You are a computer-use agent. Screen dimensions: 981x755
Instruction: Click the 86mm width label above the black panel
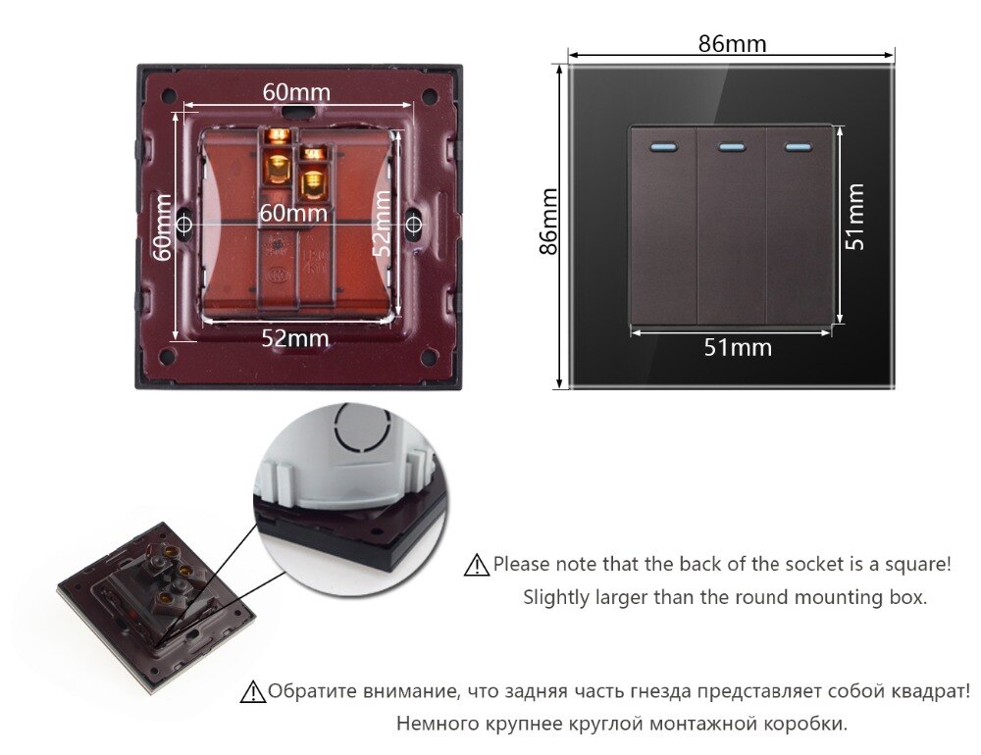pos(732,44)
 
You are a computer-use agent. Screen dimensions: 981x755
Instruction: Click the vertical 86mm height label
pos(548,222)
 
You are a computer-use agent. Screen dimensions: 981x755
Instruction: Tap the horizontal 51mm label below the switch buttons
pos(738,347)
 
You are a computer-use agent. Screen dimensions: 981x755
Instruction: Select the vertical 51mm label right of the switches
pos(854,217)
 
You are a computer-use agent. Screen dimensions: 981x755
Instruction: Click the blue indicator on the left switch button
pos(664,148)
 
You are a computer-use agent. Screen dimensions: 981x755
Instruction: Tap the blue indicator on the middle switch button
pos(732,148)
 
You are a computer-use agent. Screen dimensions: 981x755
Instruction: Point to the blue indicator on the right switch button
pos(798,148)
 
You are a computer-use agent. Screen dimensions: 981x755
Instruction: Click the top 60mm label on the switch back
pos(296,92)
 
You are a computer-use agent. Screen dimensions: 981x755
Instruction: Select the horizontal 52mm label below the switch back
pos(294,337)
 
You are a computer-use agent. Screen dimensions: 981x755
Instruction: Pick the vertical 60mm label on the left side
pos(162,226)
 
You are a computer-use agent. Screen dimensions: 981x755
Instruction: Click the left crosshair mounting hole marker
pos(184,224)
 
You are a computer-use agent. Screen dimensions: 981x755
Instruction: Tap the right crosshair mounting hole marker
pos(412,224)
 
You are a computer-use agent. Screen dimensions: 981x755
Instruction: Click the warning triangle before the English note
pos(477,565)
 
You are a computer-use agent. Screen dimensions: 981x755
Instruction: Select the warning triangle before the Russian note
pos(253,692)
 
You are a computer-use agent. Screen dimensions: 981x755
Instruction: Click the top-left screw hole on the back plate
pos(168,96)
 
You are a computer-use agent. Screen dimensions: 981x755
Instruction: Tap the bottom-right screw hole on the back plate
pos(429,357)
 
